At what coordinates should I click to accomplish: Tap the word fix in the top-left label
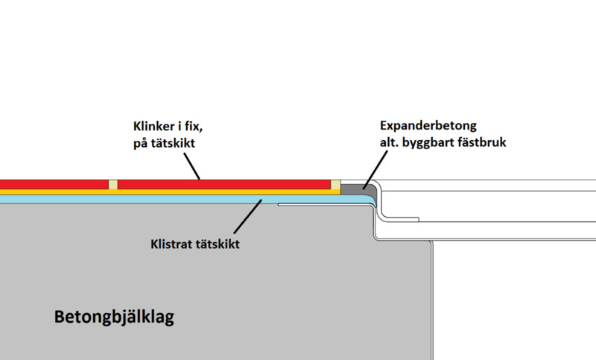pyautogui.click(x=193, y=126)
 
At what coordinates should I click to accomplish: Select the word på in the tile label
pyautogui.click(x=140, y=144)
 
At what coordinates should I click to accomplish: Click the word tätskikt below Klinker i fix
pyautogui.click(x=173, y=143)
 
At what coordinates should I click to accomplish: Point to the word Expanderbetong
pyautogui.click(x=428, y=126)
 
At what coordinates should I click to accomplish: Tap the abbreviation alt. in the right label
pyautogui.click(x=389, y=142)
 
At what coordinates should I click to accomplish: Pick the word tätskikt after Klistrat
pyautogui.click(x=217, y=244)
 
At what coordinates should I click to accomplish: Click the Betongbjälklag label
pyautogui.click(x=114, y=317)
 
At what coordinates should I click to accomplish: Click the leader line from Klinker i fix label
pyautogui.click(x=192, y=166)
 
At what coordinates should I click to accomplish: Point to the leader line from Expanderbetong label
pyautogui.click(x=375, y=169)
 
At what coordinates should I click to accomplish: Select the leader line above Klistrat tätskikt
pyautogui.click(x=248, y=216)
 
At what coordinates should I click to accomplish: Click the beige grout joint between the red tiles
pyautogui.click(x=113, y=185)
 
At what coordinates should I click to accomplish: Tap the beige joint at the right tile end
pyautogui.click(x=335, y=185)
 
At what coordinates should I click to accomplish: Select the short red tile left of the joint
pyautogui.click(x=54, y=185)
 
